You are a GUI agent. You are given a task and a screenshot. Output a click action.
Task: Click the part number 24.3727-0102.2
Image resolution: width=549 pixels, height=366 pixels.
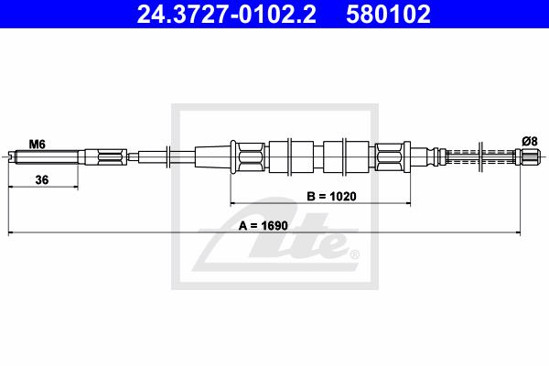tap(226, 14)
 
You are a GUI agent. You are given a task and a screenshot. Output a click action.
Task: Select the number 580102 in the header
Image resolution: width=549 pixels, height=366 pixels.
tap(388, 14)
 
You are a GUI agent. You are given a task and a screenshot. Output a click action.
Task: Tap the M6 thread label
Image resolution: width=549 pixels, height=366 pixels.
tap(37, 144)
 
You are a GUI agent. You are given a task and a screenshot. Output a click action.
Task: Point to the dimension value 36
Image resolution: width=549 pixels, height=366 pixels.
tap(42, 180)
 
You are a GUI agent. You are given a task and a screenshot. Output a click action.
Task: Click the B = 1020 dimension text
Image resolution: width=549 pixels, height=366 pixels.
tap(331, 197)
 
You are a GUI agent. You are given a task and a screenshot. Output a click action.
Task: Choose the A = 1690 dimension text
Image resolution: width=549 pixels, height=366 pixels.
tap(263, 226)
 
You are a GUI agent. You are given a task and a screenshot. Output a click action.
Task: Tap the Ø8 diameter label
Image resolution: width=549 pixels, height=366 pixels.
tap(530, 142)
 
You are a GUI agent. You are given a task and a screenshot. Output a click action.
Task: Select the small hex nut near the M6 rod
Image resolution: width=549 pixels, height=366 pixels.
tap(112, 156)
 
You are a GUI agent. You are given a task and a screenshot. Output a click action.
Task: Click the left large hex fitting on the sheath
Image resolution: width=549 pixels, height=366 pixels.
tap(251, 156)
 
